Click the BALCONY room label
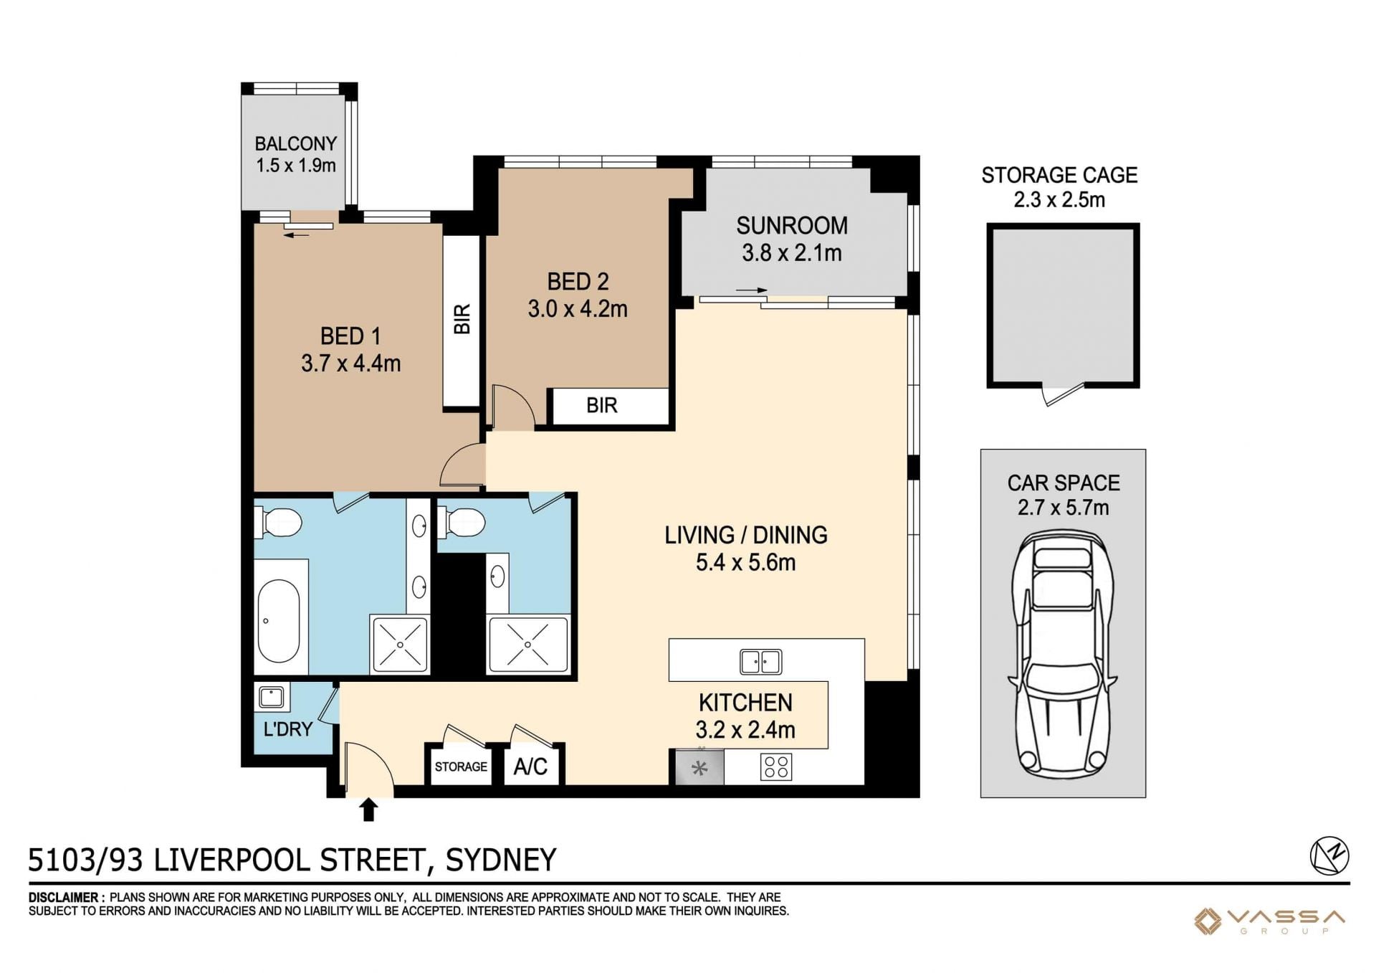point(295,143)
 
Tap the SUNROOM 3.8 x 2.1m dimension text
point(792,253)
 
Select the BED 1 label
point(350,336)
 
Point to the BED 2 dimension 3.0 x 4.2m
point(578,309)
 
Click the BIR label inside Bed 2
point(601,406)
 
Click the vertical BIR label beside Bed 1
point(462,319)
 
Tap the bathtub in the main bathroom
point(279,621)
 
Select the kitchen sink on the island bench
point(761,661)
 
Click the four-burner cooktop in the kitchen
point(776,767)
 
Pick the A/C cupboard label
point(530,767)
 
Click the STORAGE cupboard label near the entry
point(461,766)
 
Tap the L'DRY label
point(288,729)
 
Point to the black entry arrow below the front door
point(368,810)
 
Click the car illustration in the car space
point(1063,654)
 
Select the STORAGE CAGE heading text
point(1059,175)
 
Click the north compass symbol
point(1329,856)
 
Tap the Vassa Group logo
point(1269,921)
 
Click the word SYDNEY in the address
point(501,860)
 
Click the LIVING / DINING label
point(746,536)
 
